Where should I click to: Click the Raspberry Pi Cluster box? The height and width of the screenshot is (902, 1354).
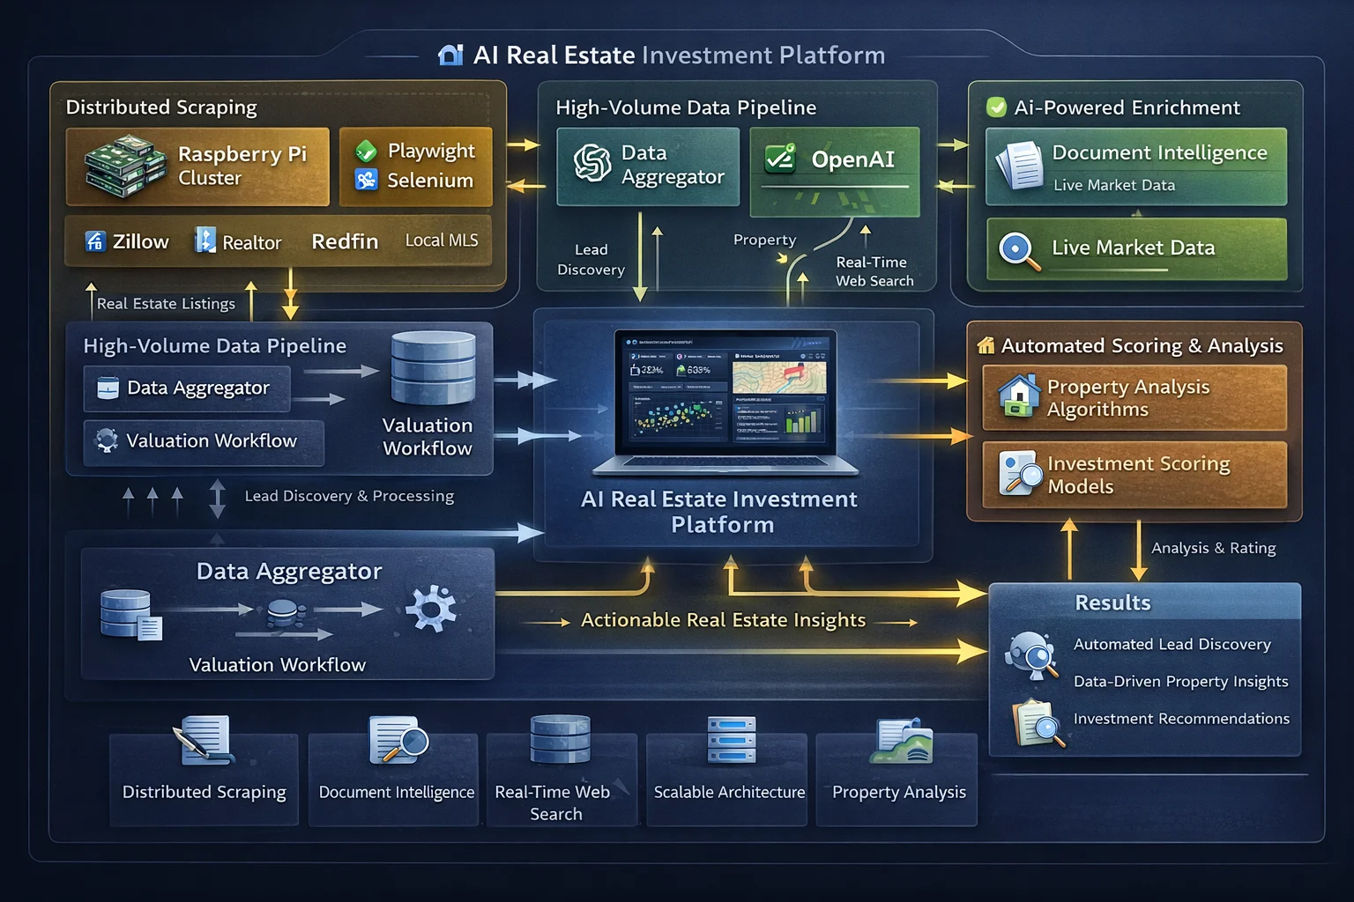coord(197,166)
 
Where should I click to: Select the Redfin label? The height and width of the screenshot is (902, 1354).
coord(345,241)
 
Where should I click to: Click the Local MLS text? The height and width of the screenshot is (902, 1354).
coord(442,240)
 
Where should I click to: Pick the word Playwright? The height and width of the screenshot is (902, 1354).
coord(431,151)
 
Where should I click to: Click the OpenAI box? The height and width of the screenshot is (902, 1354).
coord(834,172)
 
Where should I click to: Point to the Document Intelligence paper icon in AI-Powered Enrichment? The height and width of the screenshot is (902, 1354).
coord(1019,166)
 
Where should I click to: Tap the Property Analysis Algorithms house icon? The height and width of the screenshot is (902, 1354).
coord(1019,396)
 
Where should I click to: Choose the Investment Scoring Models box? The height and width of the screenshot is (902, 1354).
coord(1135,475)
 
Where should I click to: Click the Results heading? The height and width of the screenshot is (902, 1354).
coord(1112,603)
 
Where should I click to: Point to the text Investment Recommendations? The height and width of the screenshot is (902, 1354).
coord(1181,719)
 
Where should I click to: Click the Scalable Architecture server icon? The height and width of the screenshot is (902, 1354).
coord(732,740)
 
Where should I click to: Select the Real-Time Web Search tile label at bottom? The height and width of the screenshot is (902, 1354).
coord(554,802)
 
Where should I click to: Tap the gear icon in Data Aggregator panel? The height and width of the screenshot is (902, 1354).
coord(431,608)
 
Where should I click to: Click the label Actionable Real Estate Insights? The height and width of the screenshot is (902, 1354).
coord(723,620)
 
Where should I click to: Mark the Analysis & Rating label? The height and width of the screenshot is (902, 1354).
coord(1213,548)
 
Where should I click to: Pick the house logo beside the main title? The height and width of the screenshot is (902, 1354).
coord(450,55)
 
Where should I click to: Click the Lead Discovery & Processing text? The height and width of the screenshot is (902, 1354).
coord(349,496)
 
